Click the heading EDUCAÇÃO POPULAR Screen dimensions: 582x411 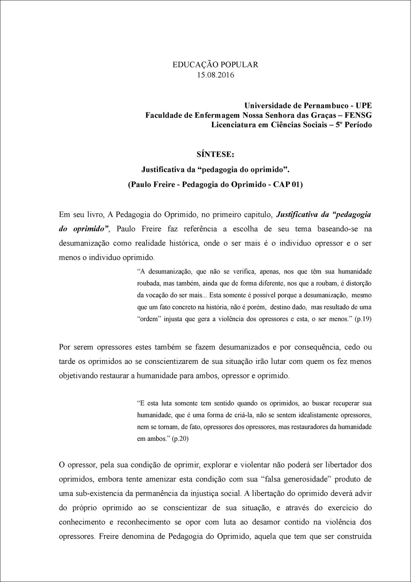tap(215, 65)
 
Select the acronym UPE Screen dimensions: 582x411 tap(363, 105)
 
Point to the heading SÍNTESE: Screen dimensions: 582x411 tap(215, 154)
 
